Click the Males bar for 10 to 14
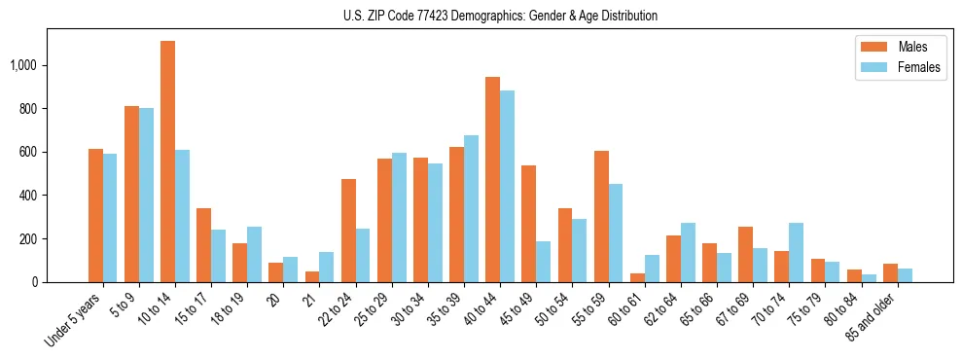pyautogui.click(x=167, y=162)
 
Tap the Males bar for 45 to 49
pyautogui.click(x=528, y=224)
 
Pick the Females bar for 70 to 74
pyautogui.click(x=796, y=252)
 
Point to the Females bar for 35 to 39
pyautogui.click(x=471, y=208)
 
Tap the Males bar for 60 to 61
pyautogui.click(x=637, y=277)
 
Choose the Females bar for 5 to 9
pyautogui.click(x=146, y=195)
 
